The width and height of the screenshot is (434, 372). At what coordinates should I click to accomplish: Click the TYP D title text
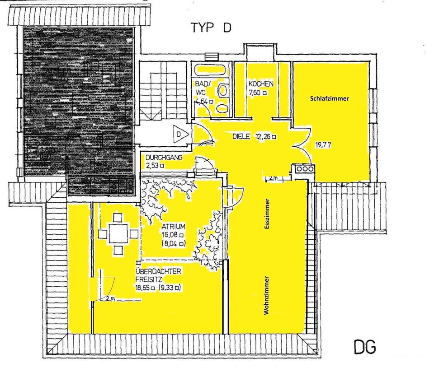pos(211,28)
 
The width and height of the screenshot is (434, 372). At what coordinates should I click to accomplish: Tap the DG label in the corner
pos(364,348)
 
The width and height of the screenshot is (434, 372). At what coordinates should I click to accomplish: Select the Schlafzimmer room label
pos(330,98)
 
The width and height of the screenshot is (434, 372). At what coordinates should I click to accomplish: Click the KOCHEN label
pos(260,84)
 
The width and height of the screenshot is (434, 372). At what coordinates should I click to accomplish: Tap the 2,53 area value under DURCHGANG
pos(152,165)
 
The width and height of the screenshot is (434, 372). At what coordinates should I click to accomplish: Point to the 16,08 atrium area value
pos(169,235)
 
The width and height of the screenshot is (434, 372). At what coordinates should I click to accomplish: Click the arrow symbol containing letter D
pos(180,135)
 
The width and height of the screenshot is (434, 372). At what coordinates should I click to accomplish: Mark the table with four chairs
pos(118,234)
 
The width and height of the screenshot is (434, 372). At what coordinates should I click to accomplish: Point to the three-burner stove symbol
pos(304,169)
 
